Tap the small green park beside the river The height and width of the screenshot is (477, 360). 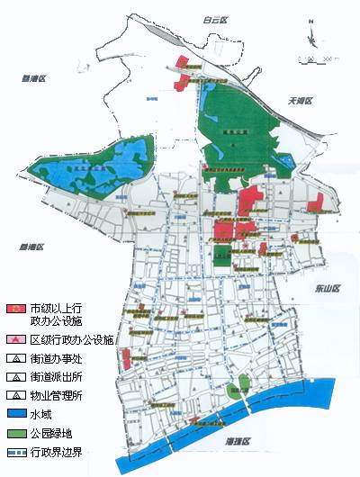point(237,389)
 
